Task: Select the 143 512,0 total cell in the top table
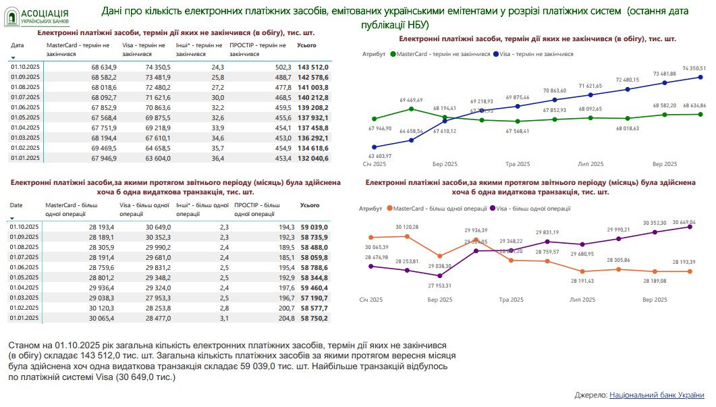[x=313, y=67]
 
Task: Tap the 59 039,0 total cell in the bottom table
[x=314, y=227]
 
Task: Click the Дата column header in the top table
[x=18, y=45]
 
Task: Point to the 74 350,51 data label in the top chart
[x=694, y=68]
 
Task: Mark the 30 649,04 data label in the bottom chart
[x=684, y=222]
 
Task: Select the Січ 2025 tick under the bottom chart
[x=372, y=299]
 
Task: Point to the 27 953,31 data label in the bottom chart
[x=439, y=286]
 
